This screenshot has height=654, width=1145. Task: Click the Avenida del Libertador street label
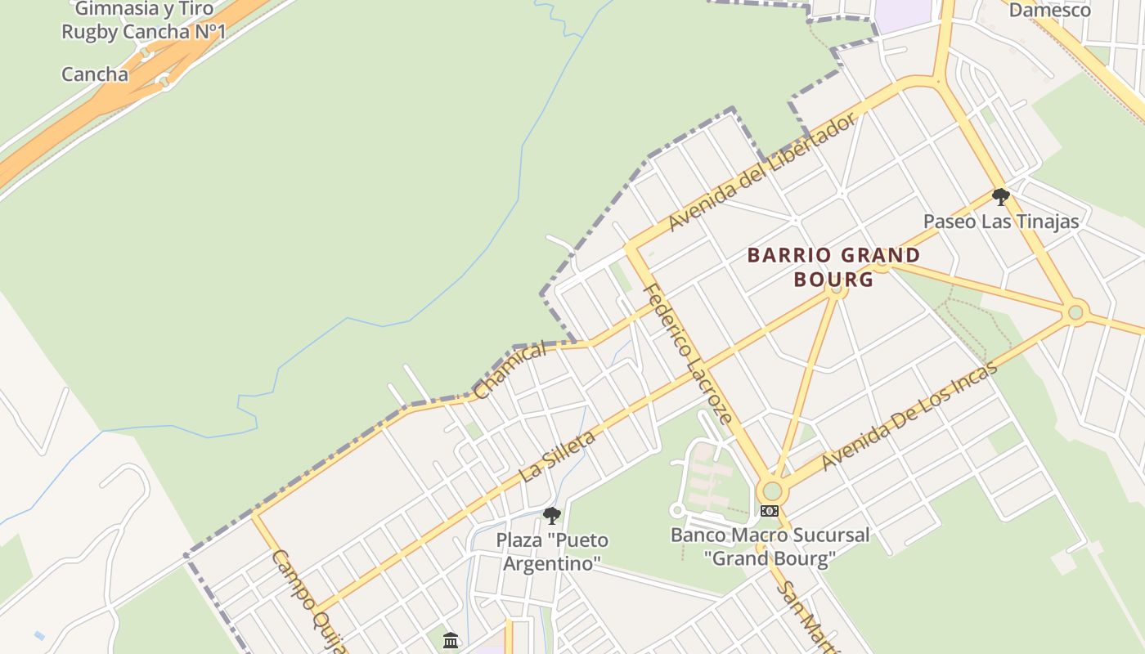(x=762, y=172)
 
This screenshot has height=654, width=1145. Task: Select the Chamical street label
(x=509, y=370)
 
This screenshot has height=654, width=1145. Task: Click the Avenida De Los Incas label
(x=909, y=415)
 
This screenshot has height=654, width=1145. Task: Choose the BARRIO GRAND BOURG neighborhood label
(x=833, y=267)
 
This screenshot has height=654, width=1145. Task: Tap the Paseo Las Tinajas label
(x=1001, y=222)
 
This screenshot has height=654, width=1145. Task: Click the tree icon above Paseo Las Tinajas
(x=1000, y=197)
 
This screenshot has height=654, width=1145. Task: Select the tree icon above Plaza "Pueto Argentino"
(x=552, y=516)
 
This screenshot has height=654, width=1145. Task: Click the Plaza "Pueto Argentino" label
(x=552, y=552)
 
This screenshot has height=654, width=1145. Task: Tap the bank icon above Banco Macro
(x=770, y=511)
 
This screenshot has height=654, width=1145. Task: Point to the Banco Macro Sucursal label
(x=770, y=547)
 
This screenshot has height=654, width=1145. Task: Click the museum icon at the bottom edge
(x=451, y=641)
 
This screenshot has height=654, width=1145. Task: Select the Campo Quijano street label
(x=309, y=601)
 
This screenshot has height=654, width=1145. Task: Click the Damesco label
(x=1049, y=11)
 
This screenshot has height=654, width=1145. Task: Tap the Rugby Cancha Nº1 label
(x=143, y=32)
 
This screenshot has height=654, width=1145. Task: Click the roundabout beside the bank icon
(x=770, y=491)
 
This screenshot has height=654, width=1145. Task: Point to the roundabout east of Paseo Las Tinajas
(x=1075, y=311)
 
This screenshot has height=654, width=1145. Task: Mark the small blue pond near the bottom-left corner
(x=39, y=635)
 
